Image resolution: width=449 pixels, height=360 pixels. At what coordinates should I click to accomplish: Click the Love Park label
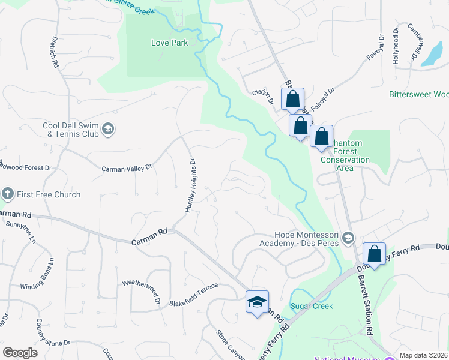coord(169,43)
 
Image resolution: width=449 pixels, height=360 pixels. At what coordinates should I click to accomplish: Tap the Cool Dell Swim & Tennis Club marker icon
coord(108,129)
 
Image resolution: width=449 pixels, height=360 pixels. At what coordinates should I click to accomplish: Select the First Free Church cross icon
coord(8,194)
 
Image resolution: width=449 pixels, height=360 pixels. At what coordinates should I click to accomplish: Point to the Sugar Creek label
coord(312,306)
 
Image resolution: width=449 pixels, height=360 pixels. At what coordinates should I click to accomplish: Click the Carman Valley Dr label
coord(127,169)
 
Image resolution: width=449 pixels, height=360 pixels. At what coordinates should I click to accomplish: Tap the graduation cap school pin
coord(257,302)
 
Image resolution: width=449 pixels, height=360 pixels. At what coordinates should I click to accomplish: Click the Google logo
coord(20,353)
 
